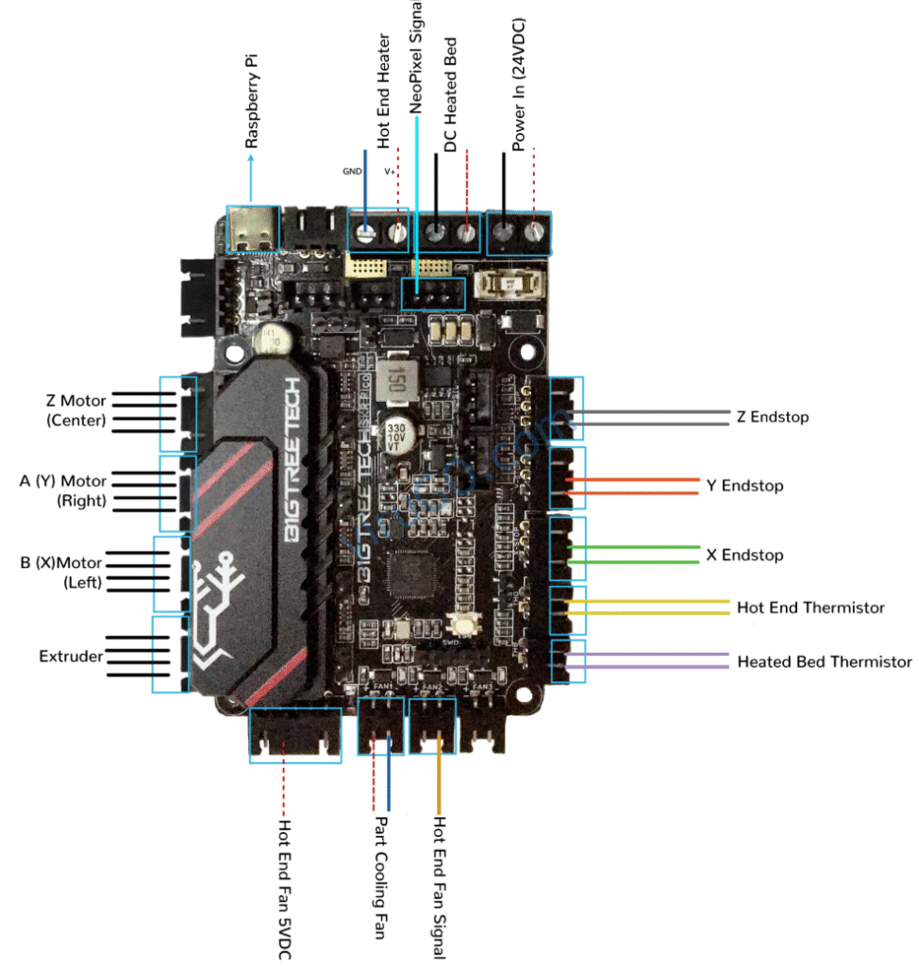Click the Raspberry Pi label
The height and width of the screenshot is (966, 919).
(252, 101)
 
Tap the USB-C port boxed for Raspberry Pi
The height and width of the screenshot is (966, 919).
(252, 229)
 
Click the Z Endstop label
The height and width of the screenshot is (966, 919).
(773, 416)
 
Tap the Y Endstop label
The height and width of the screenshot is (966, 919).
(745, 486)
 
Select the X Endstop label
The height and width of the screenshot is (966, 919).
(744, 555)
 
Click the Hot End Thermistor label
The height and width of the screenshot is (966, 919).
(810, 608)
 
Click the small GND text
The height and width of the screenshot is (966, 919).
(351, 173)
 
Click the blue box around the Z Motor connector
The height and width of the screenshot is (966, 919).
(179, 414)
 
